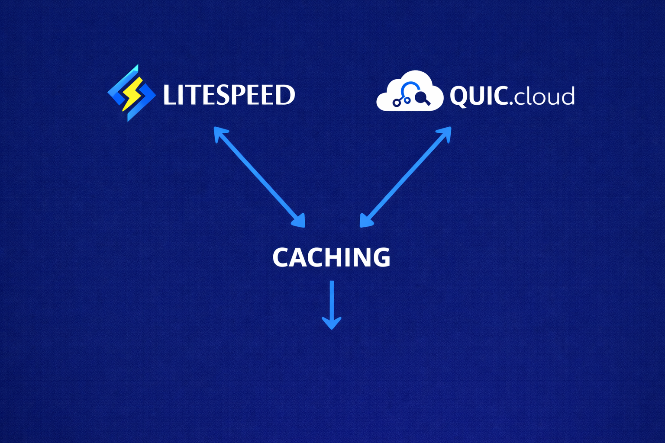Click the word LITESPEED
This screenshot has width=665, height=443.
click(229, 95)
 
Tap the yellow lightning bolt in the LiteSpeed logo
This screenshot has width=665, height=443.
click(132, 93)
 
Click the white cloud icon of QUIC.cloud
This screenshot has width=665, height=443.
click(409, 92)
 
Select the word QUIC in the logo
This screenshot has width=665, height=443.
click(478, 96)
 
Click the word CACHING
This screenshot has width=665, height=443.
click(331, 257)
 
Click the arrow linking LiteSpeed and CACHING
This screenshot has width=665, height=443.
click(259, 177)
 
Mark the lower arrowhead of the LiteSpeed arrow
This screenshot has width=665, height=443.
click(300, 222)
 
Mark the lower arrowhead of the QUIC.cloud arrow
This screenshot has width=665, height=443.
click(365, 222)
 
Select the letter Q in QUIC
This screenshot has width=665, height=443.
click(458, 96)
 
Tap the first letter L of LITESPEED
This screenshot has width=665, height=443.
click(169, 95)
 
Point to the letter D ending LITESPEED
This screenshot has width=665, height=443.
click(286, 95)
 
